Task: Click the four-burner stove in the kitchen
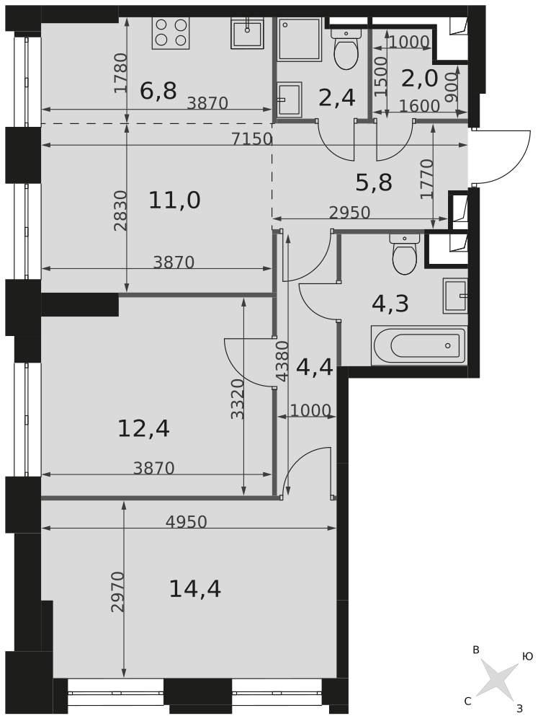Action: pos(171,33)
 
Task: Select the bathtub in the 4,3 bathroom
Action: pos(418,345)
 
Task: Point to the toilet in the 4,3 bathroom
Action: pos(405,255)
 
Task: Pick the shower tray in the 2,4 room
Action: pos(299,39)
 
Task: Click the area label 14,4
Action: pos(195,589)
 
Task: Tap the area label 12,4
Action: pos(144,429)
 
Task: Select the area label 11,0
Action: pos(174,200)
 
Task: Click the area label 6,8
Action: pos(158,90)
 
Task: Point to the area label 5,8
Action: pos(374,182)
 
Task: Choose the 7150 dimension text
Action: pos(252,138)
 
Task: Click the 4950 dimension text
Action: pos(186,522)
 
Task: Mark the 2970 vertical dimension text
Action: pos(118,591)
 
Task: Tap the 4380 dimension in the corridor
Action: pos(282,361)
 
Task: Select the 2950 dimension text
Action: pos(349,213)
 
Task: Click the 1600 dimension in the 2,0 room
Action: pos(419,106)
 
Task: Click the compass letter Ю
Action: pos(527,656)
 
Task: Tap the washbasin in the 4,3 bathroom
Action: pos(455,296)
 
